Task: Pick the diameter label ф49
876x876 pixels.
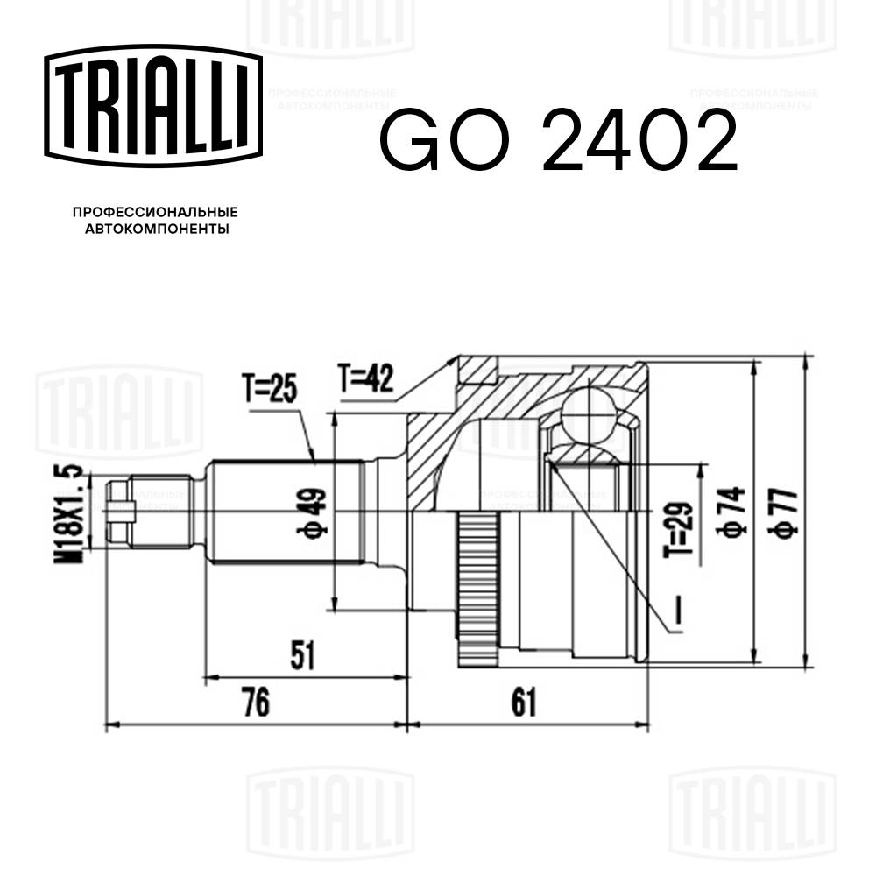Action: [x=315, y=512]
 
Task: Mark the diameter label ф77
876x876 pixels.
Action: [x=786, y=512]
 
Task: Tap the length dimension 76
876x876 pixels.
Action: [x=255, y=702]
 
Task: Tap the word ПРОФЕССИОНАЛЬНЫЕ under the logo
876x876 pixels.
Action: [x=155, y=213]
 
